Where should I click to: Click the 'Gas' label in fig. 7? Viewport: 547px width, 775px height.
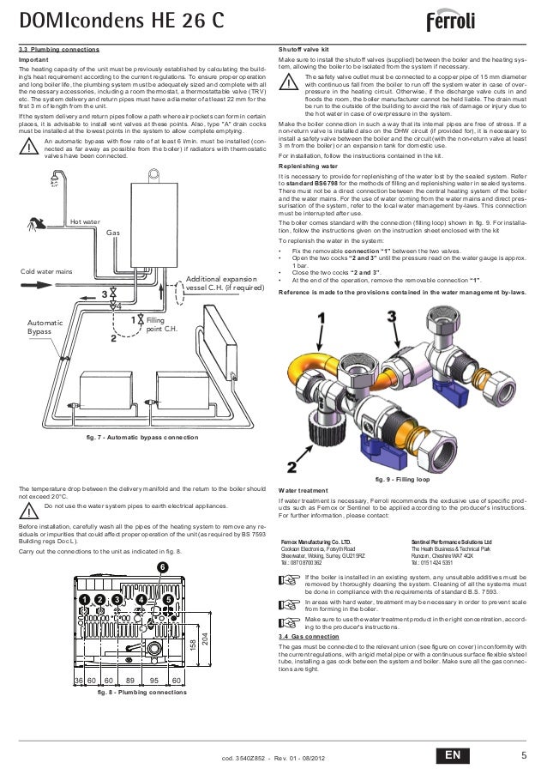(x=112, y=232)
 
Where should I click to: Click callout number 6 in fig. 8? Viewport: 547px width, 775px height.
(x=161, y=566)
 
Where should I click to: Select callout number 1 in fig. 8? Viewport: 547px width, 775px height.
(x=85, y=597)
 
